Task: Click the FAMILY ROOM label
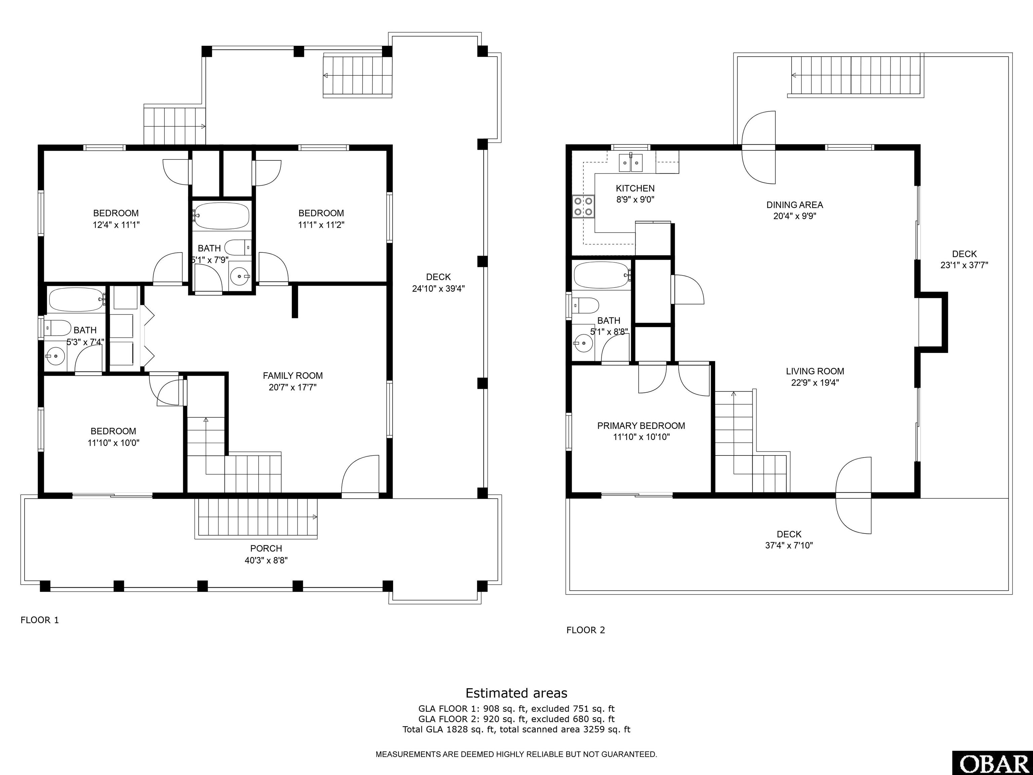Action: coord(293,376)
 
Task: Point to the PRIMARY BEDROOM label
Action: coord(641,426)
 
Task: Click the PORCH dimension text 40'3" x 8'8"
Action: coord(266,560)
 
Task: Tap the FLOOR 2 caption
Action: coord(586,630)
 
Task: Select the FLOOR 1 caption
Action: coord(40,620)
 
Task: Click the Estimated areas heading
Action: coord(516,693)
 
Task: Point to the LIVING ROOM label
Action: coord(815,371)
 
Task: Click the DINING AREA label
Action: coord(795,205)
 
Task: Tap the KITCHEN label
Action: coord(635,188)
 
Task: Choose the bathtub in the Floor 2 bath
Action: coord(602,275)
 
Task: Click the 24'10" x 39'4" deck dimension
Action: coord(438,289)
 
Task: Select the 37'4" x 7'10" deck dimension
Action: coord(789,545)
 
